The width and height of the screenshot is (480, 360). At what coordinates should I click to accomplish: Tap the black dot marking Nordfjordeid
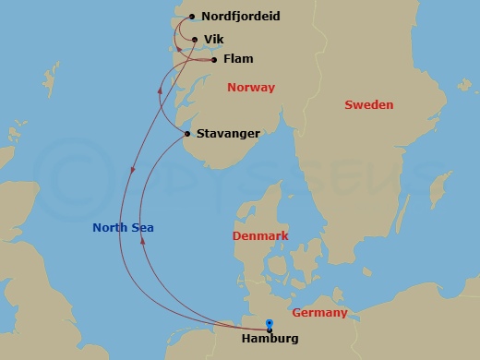coord(192,17)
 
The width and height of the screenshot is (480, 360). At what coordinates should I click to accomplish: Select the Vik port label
coord(213,40)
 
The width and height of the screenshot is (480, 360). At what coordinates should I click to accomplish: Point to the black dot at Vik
coord(194,40)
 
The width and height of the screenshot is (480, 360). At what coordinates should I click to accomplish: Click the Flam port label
coord(237,60)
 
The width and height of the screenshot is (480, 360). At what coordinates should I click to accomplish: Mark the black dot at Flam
coord(214,60)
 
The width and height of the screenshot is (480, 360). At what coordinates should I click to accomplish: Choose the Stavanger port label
coord(228,134)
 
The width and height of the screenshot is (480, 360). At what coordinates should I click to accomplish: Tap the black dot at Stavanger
coord(187,134)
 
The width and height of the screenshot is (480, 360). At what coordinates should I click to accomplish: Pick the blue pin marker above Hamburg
coord(269,323)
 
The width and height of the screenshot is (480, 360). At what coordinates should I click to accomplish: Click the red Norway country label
coord(250,89)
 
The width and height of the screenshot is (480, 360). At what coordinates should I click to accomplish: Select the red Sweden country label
coord(368,105)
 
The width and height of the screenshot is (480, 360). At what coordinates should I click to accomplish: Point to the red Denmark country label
coord(260,236)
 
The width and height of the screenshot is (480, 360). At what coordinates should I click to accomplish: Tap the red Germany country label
coord(319,313)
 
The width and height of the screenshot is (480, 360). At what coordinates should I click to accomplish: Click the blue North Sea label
coord(123,228)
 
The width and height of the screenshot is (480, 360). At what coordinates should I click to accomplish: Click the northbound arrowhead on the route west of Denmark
coord(142,239)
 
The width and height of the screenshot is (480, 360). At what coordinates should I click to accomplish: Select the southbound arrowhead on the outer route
coord(132,170)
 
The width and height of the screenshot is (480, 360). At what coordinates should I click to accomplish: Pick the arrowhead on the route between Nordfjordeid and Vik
coord(178,48)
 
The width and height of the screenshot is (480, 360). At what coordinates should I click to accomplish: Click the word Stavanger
coord(228,134)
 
